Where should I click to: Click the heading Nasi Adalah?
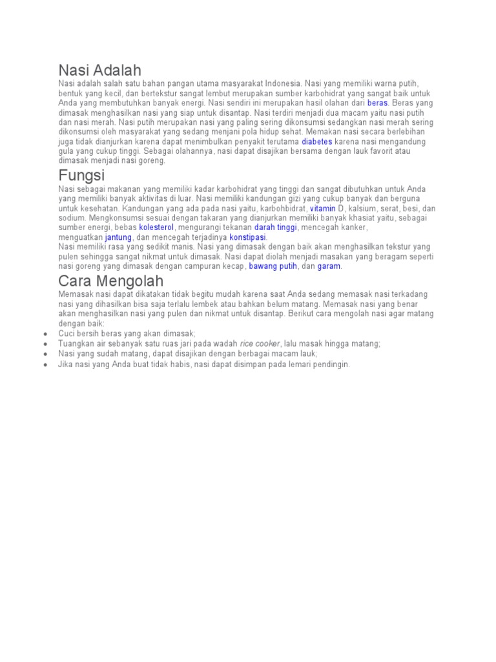coord(99,70)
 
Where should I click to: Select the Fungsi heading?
coord(81,175)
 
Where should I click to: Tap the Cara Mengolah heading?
coord(110,281)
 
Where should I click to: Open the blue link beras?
coord(377,103)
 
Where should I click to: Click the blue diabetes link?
coord(317,141)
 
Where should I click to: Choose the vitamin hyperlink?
coord(323,208)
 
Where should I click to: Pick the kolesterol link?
coord(156,228)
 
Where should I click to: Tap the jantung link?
coord(118,237)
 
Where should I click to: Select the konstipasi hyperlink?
coord(247,237)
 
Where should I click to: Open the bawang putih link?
coord(273,266)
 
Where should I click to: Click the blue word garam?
coord(329,266)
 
